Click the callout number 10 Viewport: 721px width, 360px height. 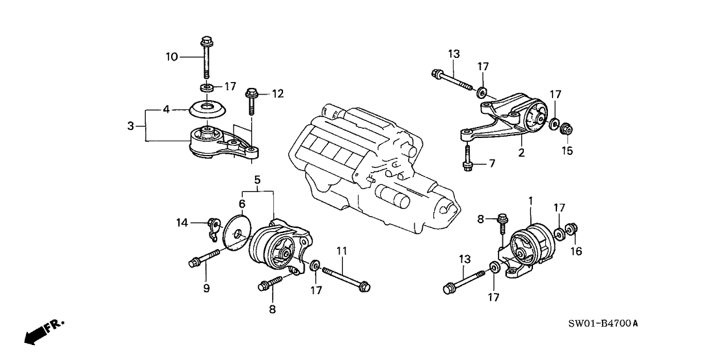170,57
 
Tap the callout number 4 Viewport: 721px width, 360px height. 166,109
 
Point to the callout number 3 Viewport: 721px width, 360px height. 131,124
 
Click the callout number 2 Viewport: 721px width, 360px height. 521,154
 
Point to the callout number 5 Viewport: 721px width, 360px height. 257,178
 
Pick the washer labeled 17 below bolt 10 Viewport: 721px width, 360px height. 205,88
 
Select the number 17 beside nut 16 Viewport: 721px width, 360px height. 559,208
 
